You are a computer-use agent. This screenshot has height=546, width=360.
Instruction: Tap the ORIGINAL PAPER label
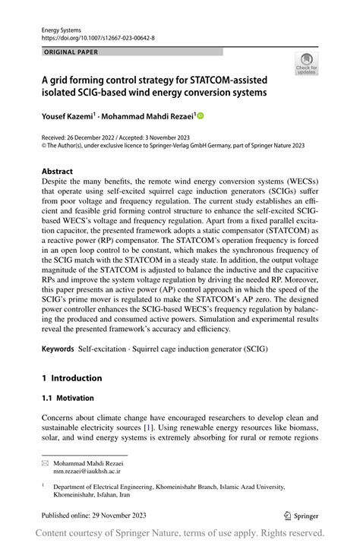pyautogui.click(x=71, y=52)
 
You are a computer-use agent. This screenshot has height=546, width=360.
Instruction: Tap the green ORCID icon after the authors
pyautogui.click(x=201, y=115)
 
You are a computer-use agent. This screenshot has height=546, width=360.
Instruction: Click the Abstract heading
pyautogui.click(x=58, y=172)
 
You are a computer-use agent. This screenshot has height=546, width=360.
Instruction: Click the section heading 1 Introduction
pyautogui.click(x=71, y=377)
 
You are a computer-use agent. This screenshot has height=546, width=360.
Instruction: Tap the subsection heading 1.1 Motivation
pyautogui.click(x=68, y=397)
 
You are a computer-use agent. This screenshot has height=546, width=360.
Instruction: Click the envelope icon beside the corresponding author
pyautogui.click(x=46, y=462)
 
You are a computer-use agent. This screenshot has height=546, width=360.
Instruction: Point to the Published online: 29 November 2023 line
pyautogui.click(x=93, y=515)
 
